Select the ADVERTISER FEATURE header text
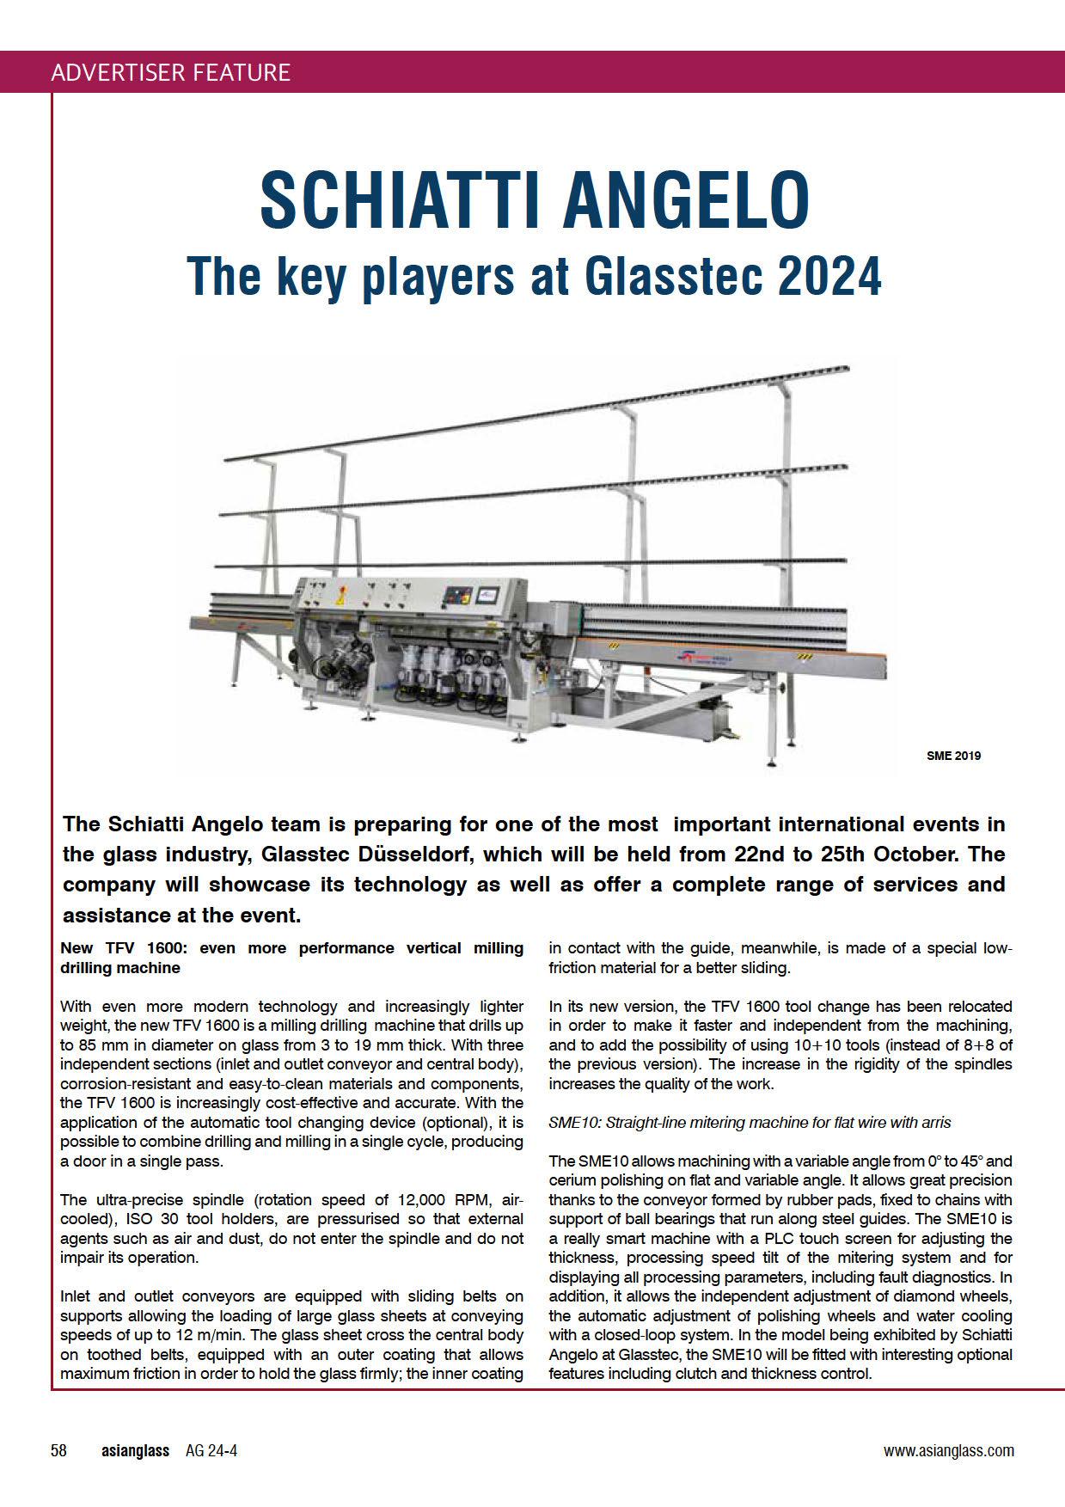170,72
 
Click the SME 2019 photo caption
952,756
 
